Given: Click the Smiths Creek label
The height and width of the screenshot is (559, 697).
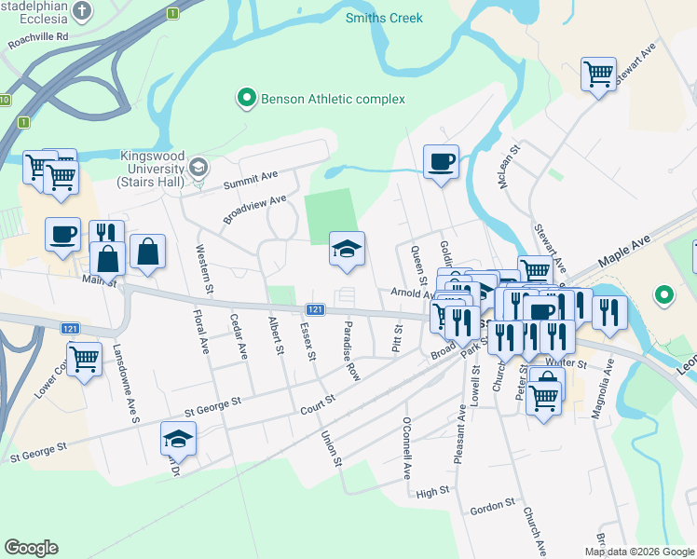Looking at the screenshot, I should (384, 18).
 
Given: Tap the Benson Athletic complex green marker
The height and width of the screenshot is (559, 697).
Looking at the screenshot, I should (246, 98).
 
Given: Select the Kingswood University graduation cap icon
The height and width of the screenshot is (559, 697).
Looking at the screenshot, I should (198, 167).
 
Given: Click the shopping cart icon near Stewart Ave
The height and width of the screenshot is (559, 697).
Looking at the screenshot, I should (597, 74).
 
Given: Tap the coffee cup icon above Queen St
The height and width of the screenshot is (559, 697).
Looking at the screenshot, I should (441, 161).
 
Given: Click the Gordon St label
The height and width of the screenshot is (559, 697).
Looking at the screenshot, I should (493, 506).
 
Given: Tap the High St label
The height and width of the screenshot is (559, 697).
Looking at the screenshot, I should (433, 493).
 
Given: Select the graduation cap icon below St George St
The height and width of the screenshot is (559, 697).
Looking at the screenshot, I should (178, 437).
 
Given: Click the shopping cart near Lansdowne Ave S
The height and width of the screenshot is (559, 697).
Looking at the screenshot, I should (84, 358).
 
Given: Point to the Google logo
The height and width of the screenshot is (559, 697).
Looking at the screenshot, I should (31, 548).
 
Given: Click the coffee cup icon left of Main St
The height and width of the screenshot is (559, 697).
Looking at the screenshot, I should (62, 234).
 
